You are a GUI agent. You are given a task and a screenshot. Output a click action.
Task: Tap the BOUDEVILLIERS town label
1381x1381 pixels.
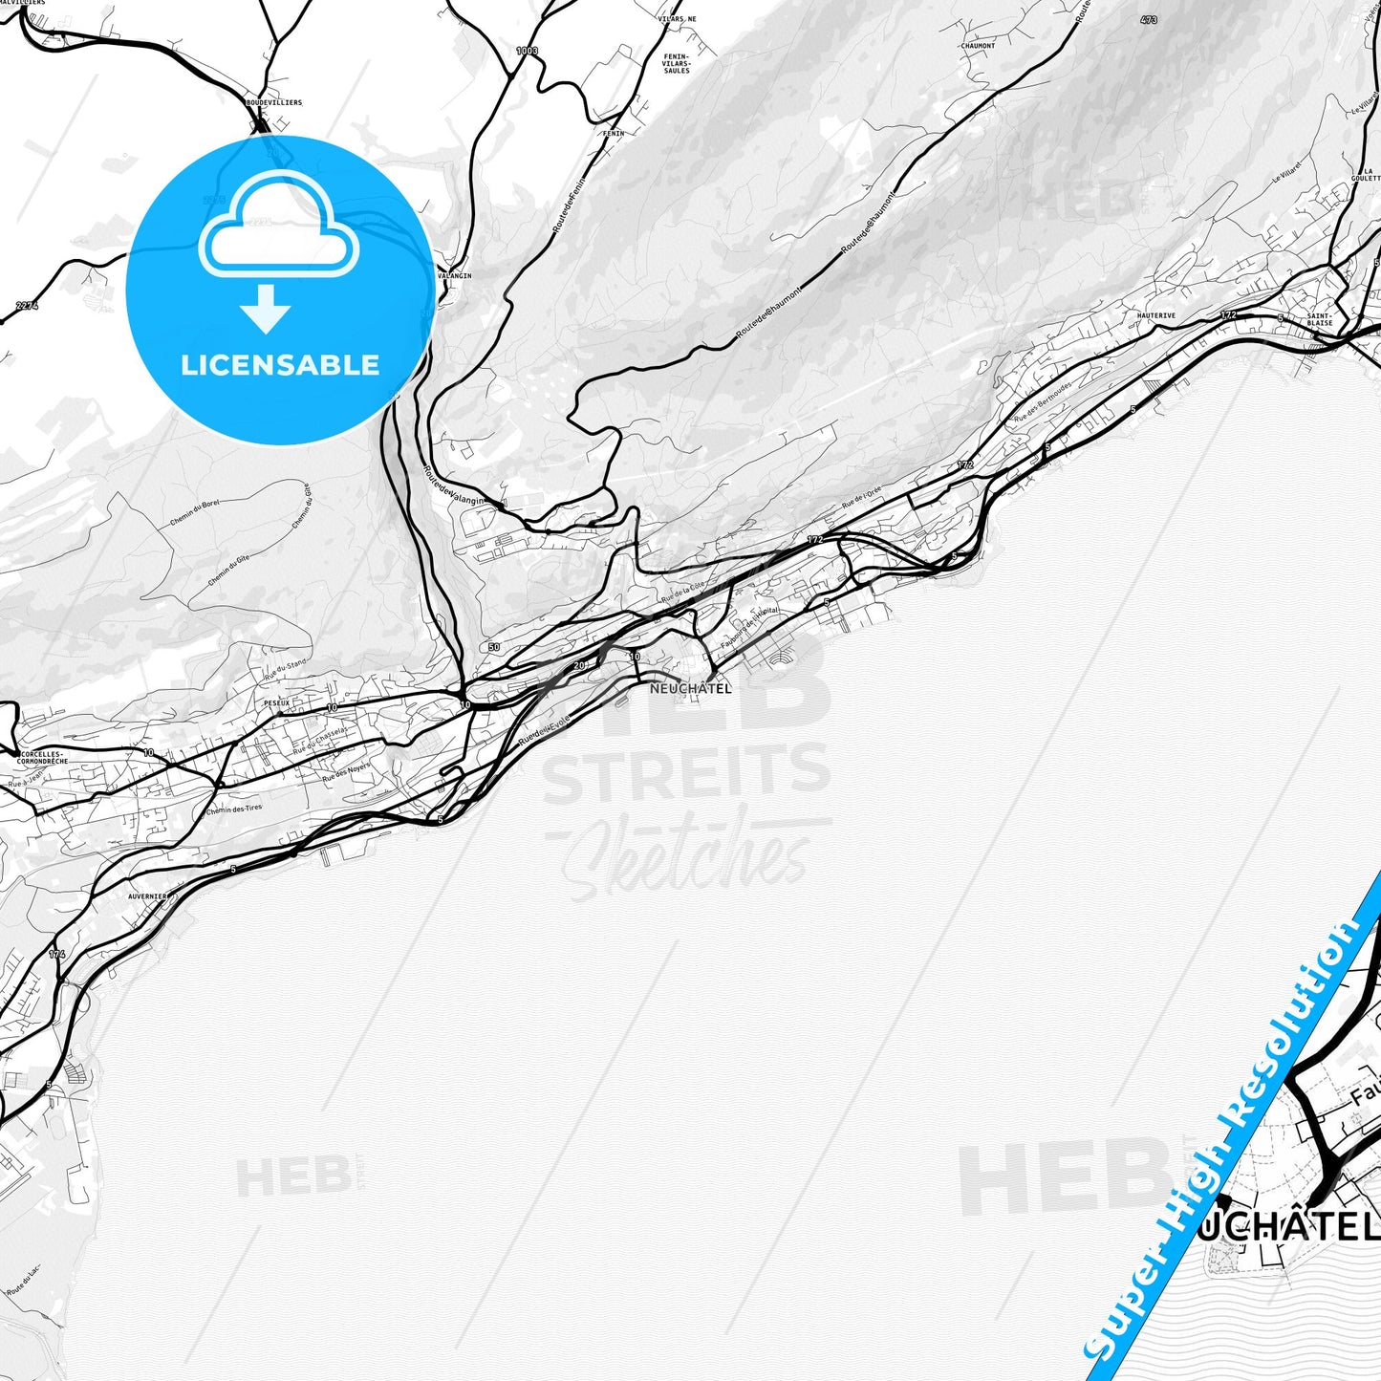[273, 102]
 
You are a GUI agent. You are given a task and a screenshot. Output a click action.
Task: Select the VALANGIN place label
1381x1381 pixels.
[454, 276]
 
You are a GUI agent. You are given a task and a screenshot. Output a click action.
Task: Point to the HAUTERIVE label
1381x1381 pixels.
[1156, 315]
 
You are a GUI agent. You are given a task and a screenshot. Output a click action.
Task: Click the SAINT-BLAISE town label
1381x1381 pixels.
[1320, 319]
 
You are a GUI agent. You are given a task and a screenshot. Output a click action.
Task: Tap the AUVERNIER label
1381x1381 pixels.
[148, 897]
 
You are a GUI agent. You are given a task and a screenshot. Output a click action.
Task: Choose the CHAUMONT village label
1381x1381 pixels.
[978, 46]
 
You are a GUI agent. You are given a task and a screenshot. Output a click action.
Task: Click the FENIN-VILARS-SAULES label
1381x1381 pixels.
[677, 63]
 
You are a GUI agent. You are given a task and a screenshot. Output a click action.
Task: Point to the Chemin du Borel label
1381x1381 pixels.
[195, 514]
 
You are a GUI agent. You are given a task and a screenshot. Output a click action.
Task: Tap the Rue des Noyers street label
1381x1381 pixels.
[345, 772]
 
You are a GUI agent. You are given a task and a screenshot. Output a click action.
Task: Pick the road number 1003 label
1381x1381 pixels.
[527, 51]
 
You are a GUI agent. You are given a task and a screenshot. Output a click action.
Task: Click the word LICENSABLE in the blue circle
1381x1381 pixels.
[280, 365]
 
